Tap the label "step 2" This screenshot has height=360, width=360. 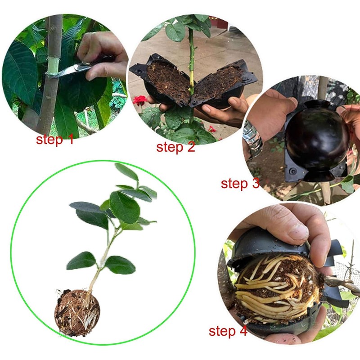pyautogui.click(x=175, y=147)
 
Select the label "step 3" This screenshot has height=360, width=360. pyautogui.click(x=240, y=183)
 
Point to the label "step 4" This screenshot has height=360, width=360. pyautogui.click(x=228, y=332)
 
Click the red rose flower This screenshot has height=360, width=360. pyautogui.click(x=140, y=100)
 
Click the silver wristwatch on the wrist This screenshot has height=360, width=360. pyautogui.click(x=252, y=137)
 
